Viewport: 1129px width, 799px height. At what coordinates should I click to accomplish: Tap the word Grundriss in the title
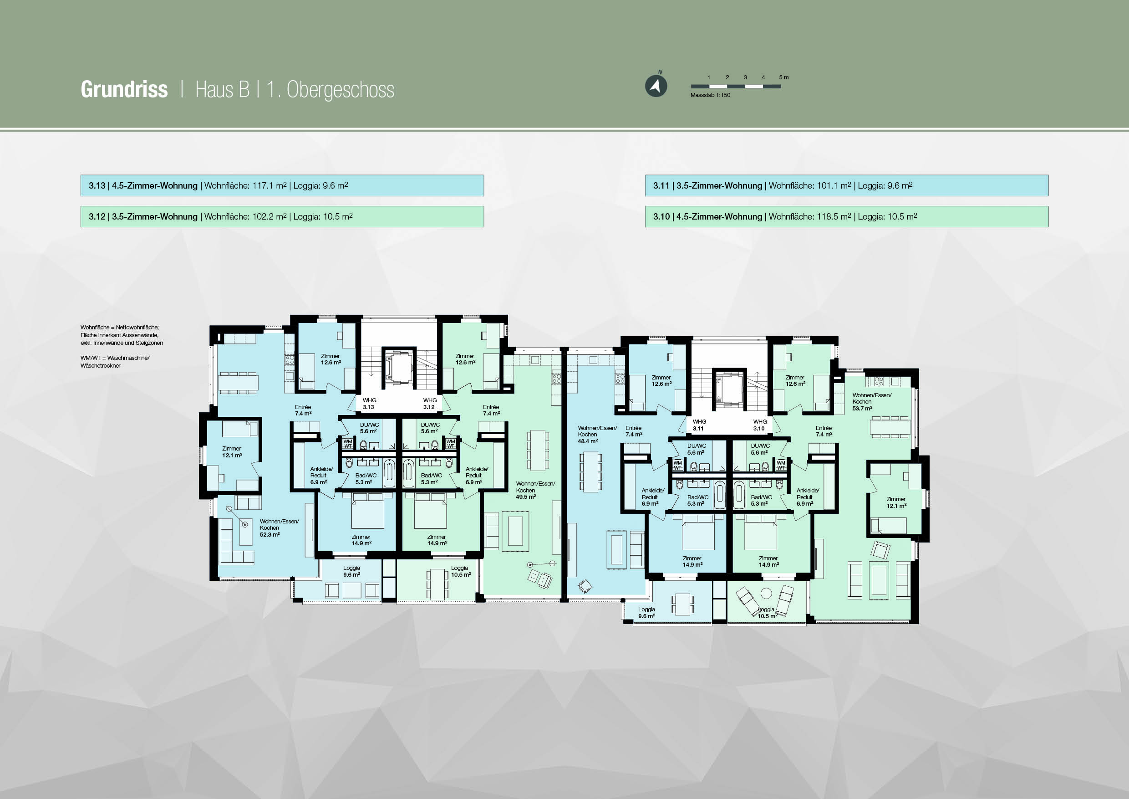click(124, 90)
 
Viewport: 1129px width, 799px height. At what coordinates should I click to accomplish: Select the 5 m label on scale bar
click(784, 77)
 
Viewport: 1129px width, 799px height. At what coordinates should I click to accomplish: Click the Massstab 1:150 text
click(710, 95)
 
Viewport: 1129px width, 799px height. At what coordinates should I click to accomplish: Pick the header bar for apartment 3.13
click(282, 185)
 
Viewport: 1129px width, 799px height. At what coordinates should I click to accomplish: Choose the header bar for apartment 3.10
click(847, 216)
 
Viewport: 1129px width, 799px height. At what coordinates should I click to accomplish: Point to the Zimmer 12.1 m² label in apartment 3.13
click(232, 451)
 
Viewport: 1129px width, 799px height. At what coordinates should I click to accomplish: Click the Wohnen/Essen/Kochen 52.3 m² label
click(279, 528)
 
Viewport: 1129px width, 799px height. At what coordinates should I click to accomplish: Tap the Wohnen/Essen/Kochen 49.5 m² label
click(535, 490)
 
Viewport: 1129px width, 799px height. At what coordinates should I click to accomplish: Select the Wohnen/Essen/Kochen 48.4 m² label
click(597, 435)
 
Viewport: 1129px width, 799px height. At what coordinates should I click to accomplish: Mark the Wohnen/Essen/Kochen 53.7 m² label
click(872, 401)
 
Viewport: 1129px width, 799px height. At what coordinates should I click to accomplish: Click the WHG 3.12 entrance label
click(430, 404)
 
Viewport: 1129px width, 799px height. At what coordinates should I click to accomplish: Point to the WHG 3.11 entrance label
click(699, 425)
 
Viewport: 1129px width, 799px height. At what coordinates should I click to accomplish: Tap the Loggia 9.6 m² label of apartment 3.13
click(351, 571)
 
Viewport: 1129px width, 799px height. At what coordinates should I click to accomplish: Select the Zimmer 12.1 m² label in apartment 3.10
click(896, 502)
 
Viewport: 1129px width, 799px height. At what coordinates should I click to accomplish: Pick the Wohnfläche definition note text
click(122, 335)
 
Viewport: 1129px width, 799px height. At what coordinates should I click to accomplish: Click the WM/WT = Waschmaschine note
click(115, 362)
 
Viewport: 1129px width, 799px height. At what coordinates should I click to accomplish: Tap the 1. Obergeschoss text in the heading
click(330, 90)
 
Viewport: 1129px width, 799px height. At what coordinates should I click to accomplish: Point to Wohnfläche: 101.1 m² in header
click(810, 185)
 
